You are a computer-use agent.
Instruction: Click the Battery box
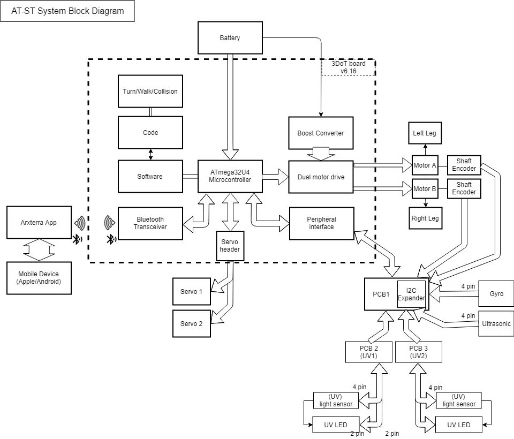[230, 37]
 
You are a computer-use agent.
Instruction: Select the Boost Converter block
[321, 133]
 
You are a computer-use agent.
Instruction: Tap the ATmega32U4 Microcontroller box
[230, 176]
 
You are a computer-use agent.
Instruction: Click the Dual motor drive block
[321, 177]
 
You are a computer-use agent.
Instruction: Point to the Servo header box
[230, 246]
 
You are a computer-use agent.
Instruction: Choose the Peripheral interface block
[322, 223]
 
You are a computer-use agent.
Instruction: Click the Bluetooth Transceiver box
[150, 223]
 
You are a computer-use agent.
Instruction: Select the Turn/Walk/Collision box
[150, 91]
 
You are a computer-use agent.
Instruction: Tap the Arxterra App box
[39, 222]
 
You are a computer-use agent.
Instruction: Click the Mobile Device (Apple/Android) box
[39, 278]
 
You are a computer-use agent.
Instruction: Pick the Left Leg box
[425, 133]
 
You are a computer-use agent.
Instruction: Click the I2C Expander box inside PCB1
[411, 294]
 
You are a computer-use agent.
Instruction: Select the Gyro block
[496, 294]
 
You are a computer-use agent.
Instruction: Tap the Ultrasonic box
[496, 323]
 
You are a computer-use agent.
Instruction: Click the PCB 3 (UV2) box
[419, 352]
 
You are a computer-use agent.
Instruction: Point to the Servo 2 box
[192, 323]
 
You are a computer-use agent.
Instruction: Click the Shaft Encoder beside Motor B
[464, 188]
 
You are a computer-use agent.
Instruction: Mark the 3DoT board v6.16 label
[348, 67]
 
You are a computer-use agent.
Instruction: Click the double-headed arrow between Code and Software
[150, 154]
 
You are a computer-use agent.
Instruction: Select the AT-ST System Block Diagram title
[67, 11]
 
